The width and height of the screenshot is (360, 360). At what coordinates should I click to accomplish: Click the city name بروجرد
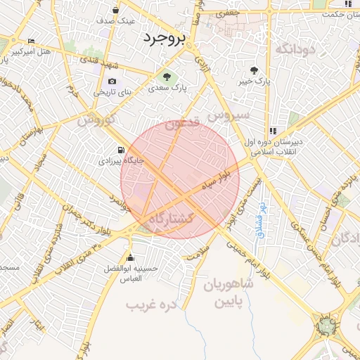[x=163, y=38]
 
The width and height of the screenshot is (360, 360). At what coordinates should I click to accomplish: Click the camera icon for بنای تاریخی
[x=112, y=82]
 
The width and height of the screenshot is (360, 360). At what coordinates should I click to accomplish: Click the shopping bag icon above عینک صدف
[x=116, y=10]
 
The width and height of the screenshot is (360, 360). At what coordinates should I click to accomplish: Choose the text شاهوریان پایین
[x=228, y=294]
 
